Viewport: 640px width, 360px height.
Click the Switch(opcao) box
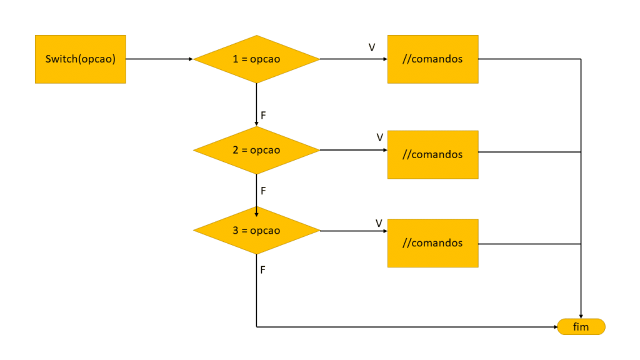point(80,59)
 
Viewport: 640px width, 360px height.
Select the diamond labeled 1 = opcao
point(256,59)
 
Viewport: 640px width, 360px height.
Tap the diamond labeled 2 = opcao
point(256,150)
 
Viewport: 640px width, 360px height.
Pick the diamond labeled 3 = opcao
point(256,230)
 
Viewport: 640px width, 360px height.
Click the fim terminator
point(581,327)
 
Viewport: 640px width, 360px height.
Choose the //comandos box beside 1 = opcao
point(433,59)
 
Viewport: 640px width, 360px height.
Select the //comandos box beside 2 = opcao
point(433,154)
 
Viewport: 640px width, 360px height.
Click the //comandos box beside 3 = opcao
point(433,243)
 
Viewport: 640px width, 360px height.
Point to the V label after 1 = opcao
point(372,47)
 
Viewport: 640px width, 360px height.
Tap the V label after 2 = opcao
point(379,137)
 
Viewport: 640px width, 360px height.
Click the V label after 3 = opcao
point(379,223)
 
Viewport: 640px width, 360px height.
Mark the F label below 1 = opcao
point(263,116)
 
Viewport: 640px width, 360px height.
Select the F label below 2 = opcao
point(263,191)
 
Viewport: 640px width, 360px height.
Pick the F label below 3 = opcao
point(263,270)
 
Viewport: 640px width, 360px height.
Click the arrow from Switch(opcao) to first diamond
point(159,59)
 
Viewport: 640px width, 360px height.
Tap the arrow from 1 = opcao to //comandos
point(353,59)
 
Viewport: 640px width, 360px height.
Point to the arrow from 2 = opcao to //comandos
point(353,150)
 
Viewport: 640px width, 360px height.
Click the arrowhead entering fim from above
point(581,316)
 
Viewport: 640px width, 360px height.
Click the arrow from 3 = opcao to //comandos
point(353,231)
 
